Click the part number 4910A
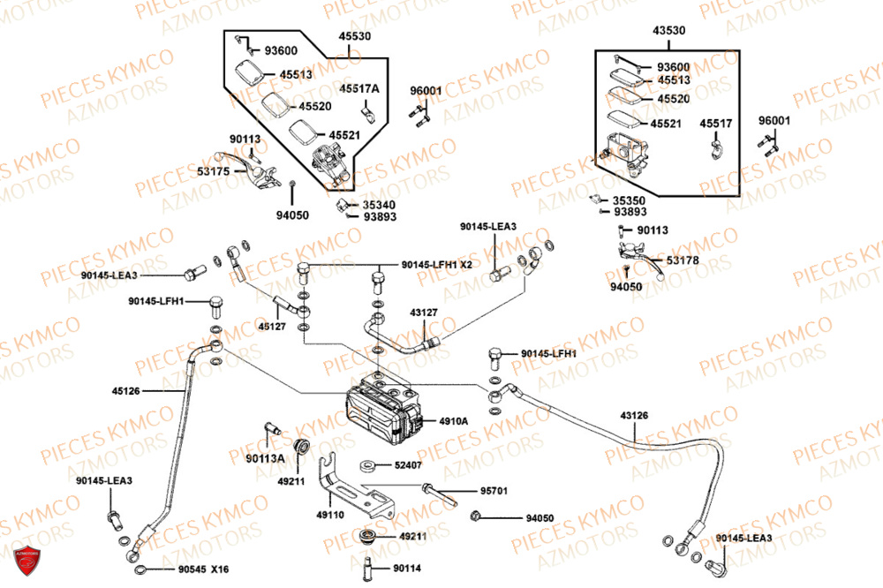click(453, 421)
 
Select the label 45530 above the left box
click(354, 37)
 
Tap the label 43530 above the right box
click(668, 31)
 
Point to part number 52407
click(409, 464)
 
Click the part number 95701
click(494, 490)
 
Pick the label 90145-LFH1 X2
click(436, 264)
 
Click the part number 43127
click(422, 313)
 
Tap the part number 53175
click(212, 170)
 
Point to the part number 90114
click(408, 569)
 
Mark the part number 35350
click(630, 200)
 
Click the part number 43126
click(634, 414)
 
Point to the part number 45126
click(125, 389)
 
